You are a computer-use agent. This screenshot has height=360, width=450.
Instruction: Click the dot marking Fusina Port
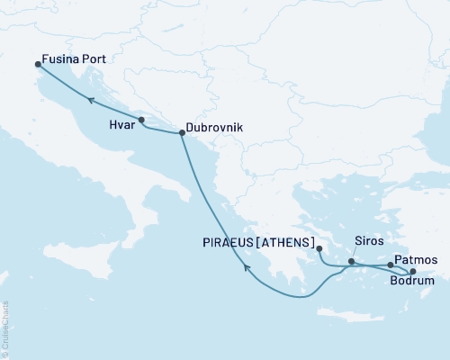click(37, 64)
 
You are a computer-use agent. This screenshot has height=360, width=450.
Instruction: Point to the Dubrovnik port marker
click(182, 134)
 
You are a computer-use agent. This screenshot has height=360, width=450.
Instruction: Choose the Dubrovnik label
click(219, 129)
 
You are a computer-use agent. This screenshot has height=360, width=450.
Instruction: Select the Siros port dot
click(351, 262)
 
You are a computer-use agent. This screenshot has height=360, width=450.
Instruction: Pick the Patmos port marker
click(390, 265)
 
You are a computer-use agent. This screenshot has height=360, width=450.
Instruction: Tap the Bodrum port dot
click(412, 271)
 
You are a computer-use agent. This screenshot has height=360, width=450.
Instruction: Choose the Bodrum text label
click(412, 283)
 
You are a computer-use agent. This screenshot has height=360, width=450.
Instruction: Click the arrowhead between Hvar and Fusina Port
click(90, 101)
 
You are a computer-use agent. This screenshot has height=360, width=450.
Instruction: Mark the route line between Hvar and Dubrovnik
click(162, 130)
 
